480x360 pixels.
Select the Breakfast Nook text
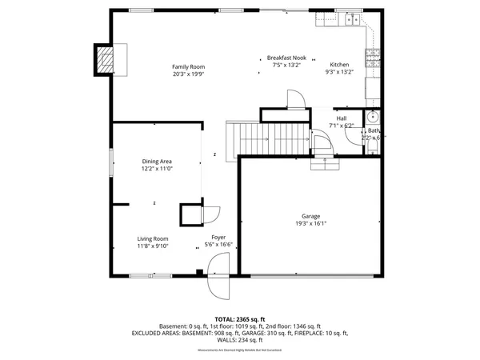point(286,58)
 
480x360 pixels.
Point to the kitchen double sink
point(349,18)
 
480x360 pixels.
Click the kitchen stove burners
point(372,57)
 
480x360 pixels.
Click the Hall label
point(342,118)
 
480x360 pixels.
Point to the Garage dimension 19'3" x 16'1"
point(310,224)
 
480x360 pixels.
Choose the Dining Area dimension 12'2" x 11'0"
point(157,169)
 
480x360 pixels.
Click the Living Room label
point(152,238)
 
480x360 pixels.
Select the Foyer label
point(218,238)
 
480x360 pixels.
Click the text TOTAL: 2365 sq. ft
point(240,319)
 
